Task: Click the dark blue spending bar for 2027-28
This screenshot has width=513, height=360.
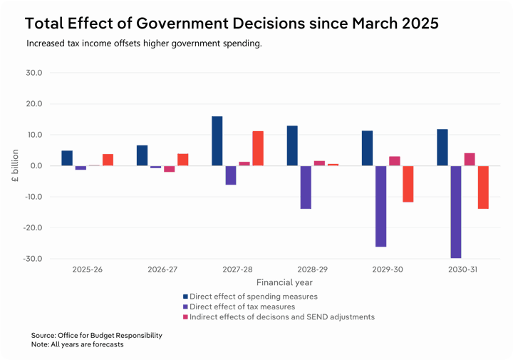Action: pyautogui.click(x=217, y=141)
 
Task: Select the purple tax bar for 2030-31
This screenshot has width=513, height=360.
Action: pyautogui.click(x=456, y=212)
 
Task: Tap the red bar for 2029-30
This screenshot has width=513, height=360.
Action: pyautogui.click(x=408, y=184)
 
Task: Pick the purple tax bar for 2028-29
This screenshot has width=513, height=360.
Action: pyautogui.click(x=306, y=187)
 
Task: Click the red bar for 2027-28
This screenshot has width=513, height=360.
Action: pyautogui.click(x=258, y=148)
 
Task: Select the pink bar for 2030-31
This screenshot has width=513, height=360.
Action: pyautogui.click(x=470, y=160)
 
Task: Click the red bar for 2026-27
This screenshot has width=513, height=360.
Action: pyautogui.click(x=183, y=160)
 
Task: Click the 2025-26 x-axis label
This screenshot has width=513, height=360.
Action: pyautogui.click(x=88, y=270)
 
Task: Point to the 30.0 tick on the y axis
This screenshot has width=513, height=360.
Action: pyautogui.click(x=33, y=73)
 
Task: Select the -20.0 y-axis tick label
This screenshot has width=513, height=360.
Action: pyautogui.click(x=32, y=228)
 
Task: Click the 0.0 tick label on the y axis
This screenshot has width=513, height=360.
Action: pyautogui.click(x=36, y=166)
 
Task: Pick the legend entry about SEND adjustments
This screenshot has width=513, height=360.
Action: pyautogui.click(x=279, y=317)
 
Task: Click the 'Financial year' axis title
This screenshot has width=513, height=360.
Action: pyautogui.click(x=285, y=282)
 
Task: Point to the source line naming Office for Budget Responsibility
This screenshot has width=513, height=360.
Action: pyautogui.click(x=97, y=335)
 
